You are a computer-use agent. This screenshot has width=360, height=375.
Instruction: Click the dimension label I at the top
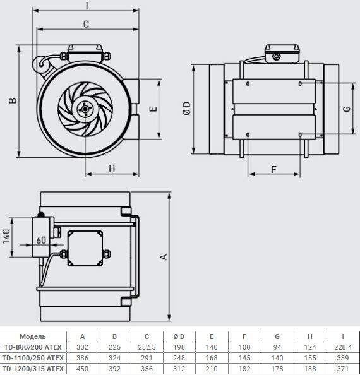(x=87, y=5)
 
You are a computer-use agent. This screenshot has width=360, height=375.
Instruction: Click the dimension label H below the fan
(x=112, y=168)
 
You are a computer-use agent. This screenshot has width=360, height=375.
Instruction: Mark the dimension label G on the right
(x=346, y=109)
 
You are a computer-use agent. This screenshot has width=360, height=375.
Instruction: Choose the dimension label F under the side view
(x=273, y=169)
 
